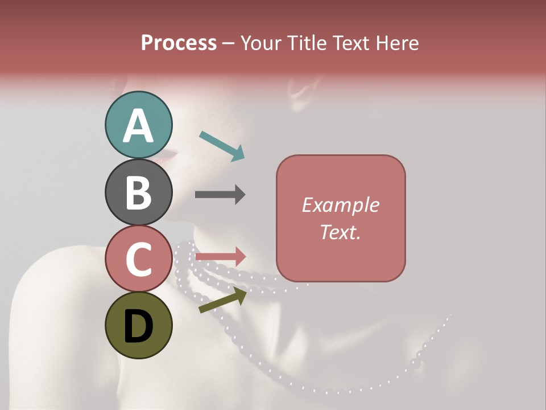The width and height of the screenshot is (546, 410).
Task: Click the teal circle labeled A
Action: click(x=139, y=125)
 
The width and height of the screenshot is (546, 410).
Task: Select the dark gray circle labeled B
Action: click(x=139, y=192)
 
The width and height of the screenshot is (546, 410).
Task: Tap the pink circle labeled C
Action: click(x=139, y=259)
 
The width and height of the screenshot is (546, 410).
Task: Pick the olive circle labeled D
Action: click(x=139, y=325)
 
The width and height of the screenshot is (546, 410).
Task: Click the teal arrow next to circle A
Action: click(x=222, y=145)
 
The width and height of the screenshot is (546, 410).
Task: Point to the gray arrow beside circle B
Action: click(x=220, y=194)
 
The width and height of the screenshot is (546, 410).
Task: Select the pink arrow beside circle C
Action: click(x=220, y=256)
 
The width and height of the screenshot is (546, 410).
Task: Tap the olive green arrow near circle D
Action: click(x=222, y=300)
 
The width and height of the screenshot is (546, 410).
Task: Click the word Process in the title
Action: click(x=179, y=43)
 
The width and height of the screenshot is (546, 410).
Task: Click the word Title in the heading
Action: click(x=308, y=43)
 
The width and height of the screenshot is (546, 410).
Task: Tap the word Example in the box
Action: click(x=341, y=205)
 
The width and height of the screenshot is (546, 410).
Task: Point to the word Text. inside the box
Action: click(x=341, y=232)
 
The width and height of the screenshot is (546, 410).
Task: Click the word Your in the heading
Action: click(x=261, y=43)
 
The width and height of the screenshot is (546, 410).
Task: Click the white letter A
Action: click(x=139, y=126)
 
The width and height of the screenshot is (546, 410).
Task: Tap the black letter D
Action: click(x=139, y=326)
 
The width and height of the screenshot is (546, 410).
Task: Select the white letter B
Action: click(x=139, y=192)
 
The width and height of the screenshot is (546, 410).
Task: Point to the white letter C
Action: click(x=139, y=259)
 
